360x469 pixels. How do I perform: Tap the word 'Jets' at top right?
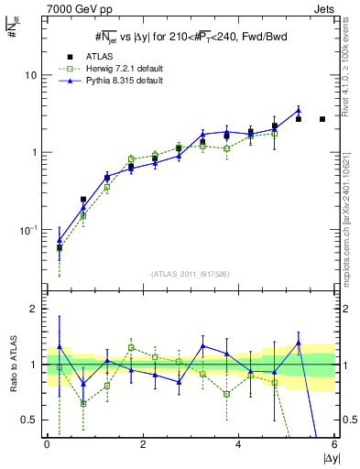[323, 8]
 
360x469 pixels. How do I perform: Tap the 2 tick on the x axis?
[143, 444]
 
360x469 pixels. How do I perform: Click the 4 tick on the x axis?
[239, 444]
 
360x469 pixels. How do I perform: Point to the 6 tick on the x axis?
[333, 444]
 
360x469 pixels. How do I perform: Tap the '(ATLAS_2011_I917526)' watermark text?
[190, 273]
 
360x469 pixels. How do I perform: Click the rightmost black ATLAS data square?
[322, 119]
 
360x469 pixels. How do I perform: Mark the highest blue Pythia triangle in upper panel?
[298, 111]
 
